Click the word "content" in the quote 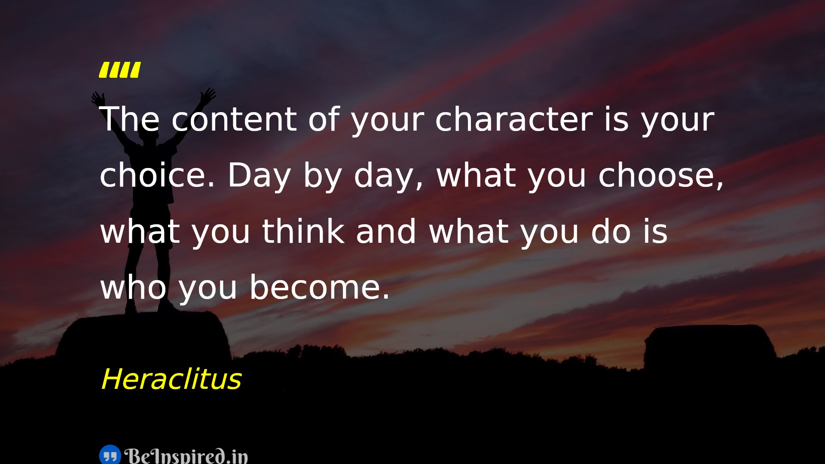click(234, 119)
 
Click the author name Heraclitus click(171, 379)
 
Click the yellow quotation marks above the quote click(120, 70)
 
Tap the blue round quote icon click(110, 455)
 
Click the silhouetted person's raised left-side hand click(98, 98)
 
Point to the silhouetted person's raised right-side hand click(208, 95)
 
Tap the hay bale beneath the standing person click(144, 338)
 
